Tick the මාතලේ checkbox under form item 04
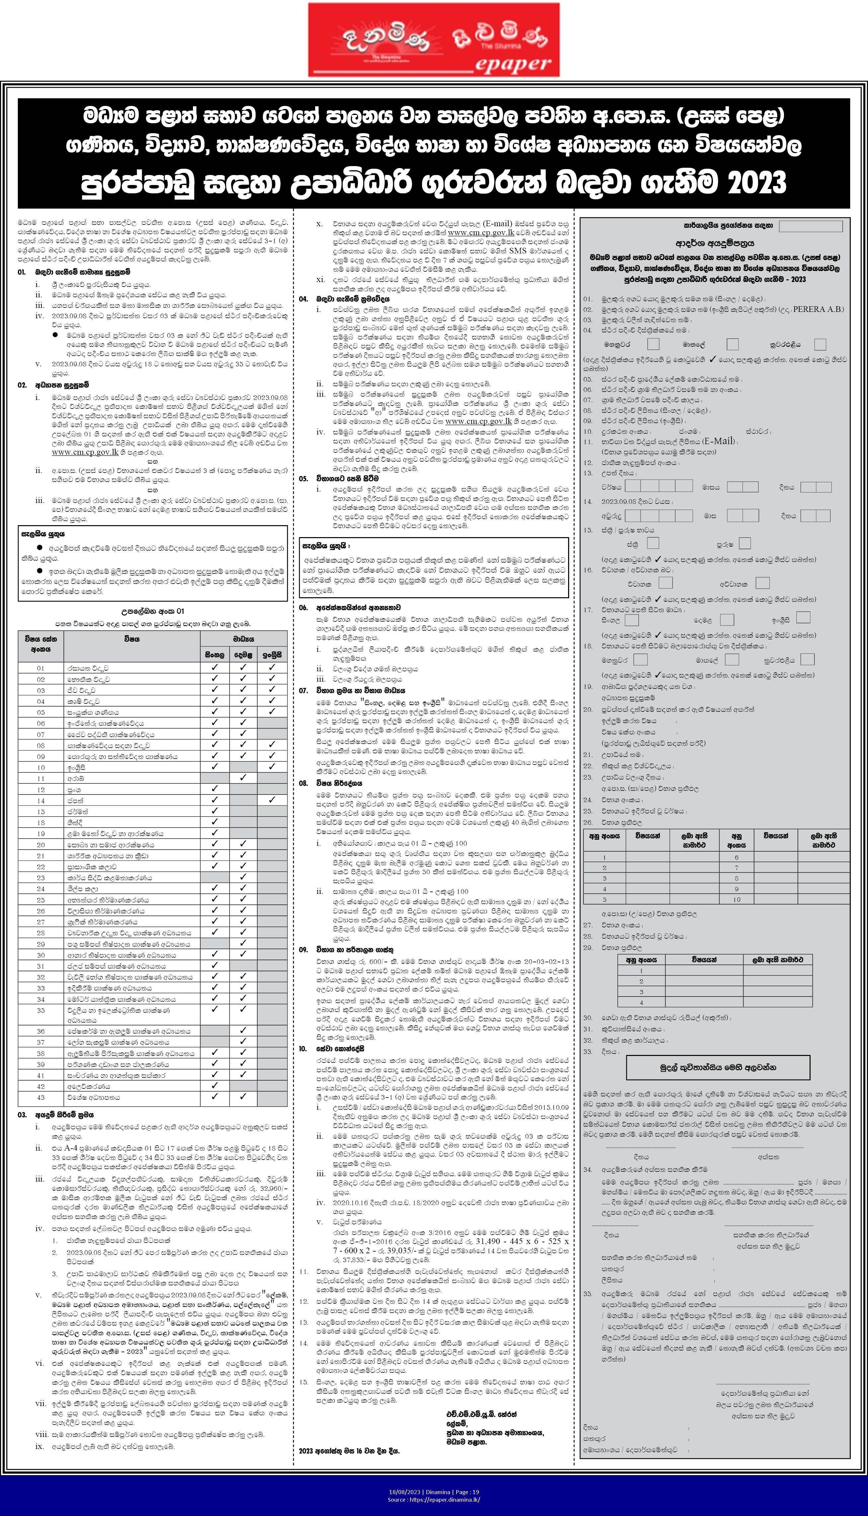coord(733,344)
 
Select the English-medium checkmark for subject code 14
coord(272,800)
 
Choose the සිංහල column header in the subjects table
coord(215,654)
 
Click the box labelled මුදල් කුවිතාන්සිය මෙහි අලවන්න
coord(718,1067)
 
